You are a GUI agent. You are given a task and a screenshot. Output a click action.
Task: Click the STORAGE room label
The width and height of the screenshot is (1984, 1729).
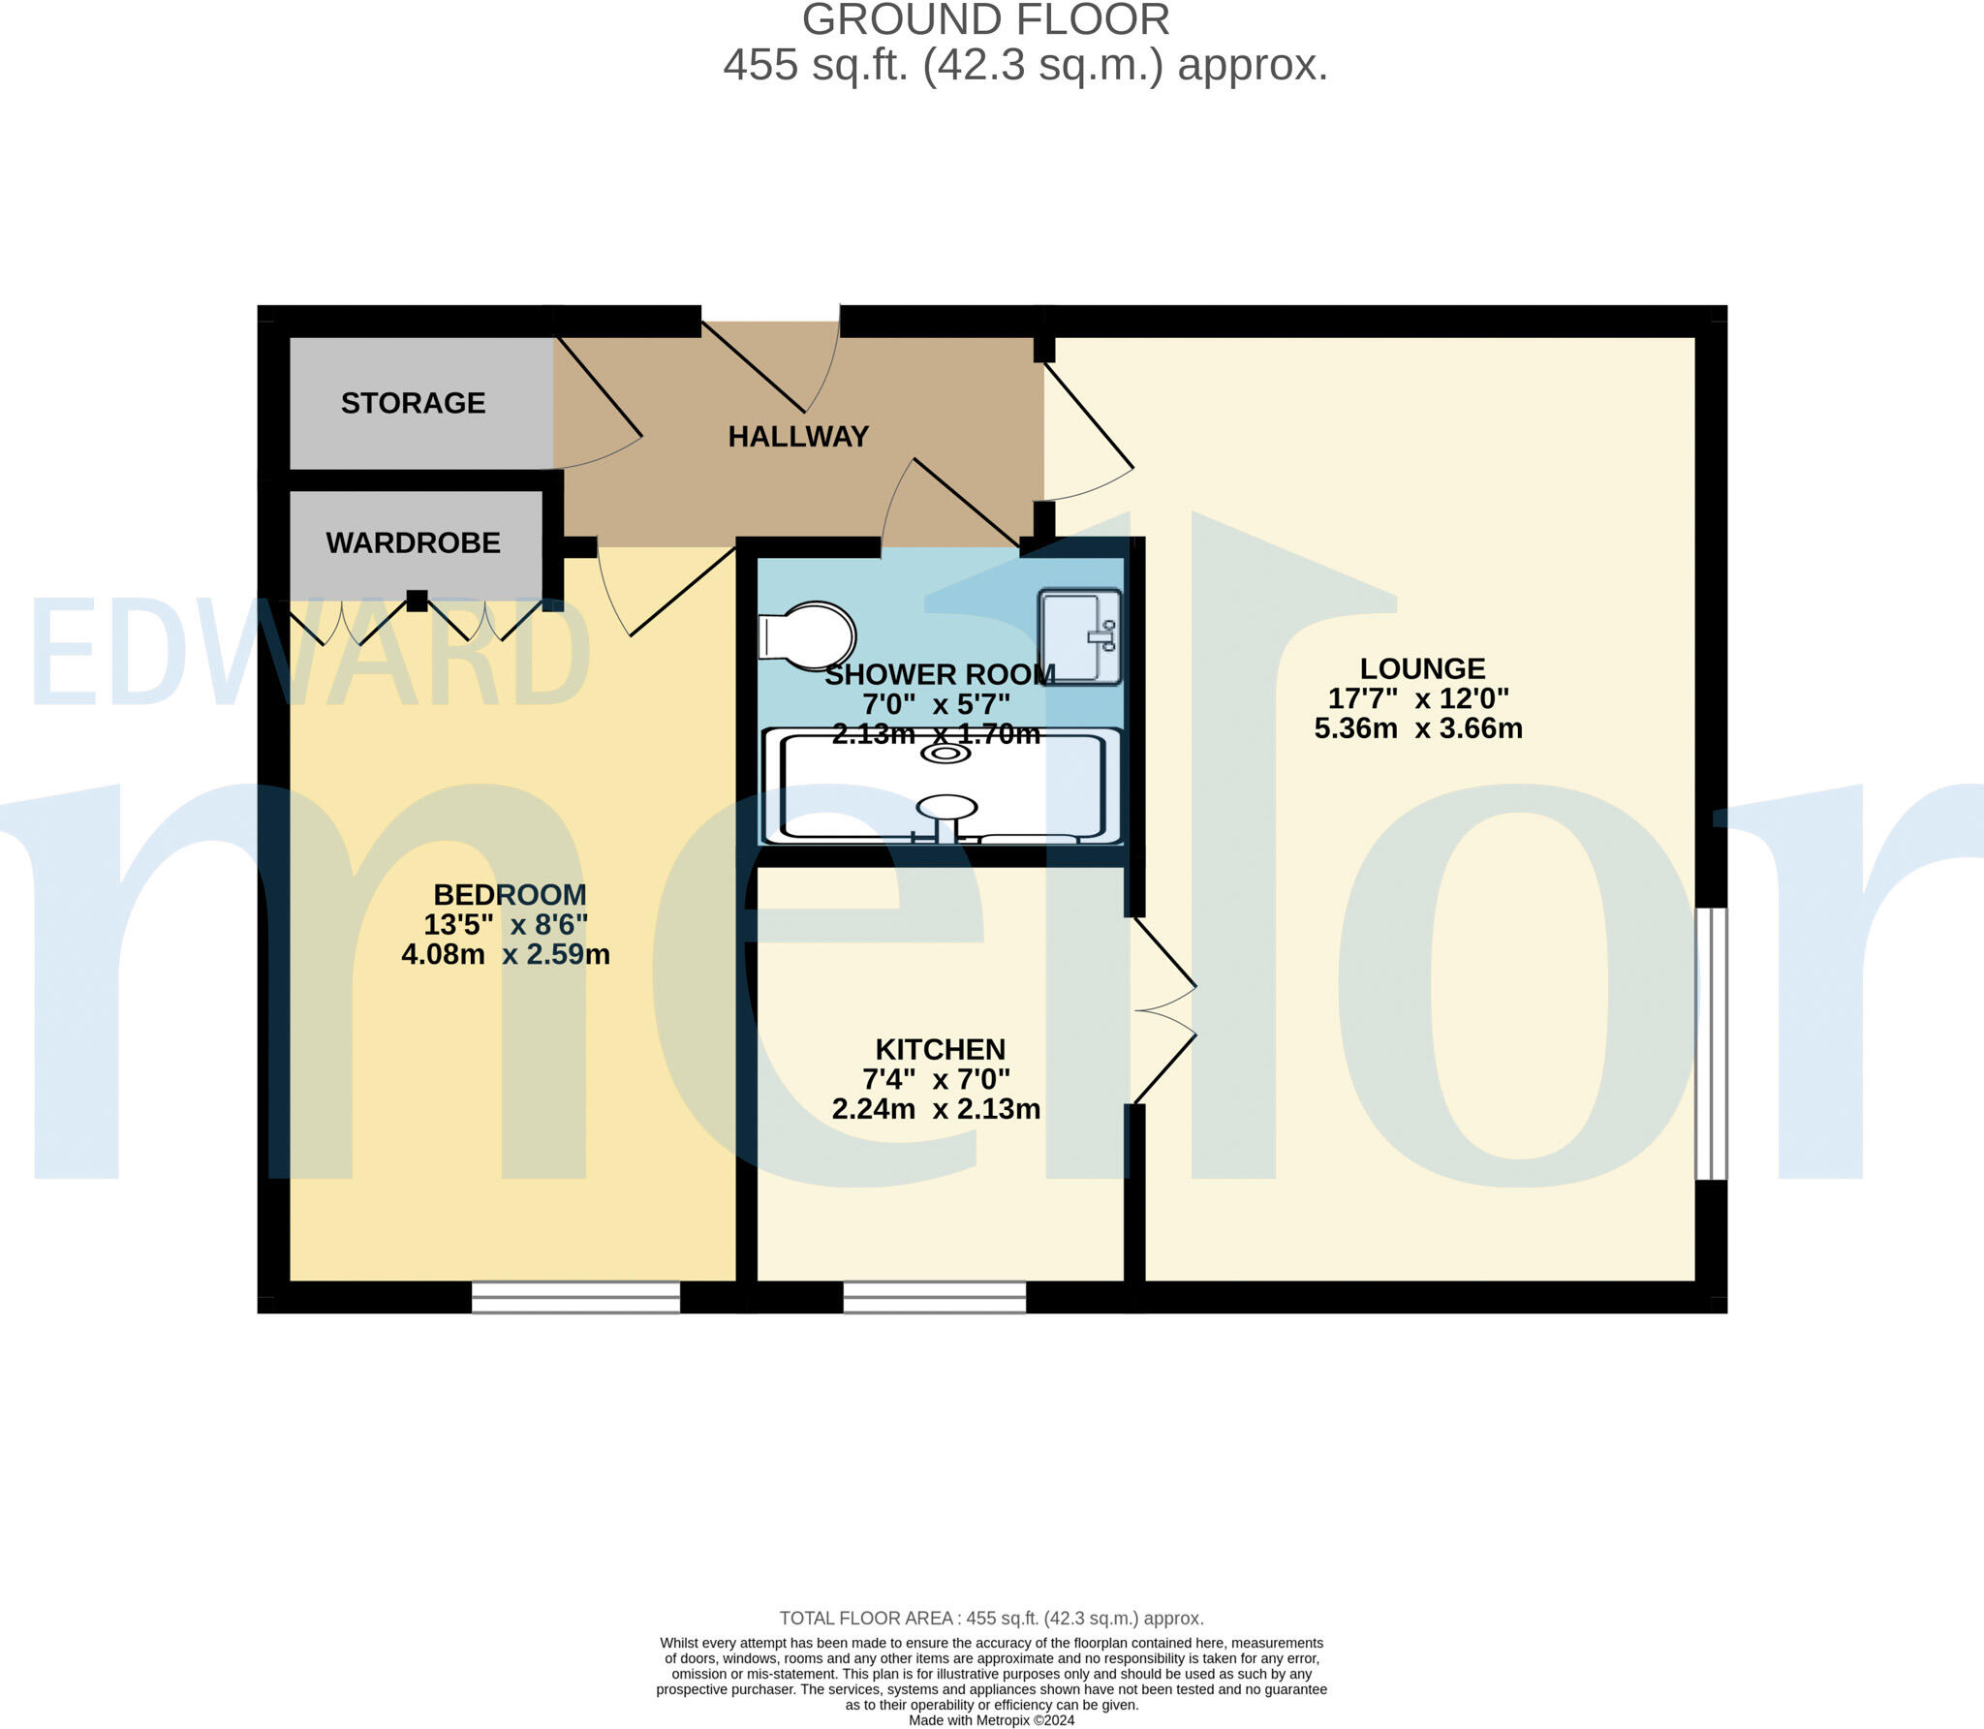click(413, 403)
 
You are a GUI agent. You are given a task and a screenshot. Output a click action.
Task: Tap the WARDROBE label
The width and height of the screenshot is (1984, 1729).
click(413, 542)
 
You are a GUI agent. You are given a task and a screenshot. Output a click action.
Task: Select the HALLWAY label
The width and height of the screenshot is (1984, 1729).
click(798, 437)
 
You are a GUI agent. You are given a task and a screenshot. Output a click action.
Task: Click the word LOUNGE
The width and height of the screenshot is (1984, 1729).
click(1422, 668)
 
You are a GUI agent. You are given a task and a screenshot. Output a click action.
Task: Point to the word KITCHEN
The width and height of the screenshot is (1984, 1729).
click(940, 1049)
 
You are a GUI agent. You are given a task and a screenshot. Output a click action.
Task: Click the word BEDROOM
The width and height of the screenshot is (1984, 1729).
click(510, 894)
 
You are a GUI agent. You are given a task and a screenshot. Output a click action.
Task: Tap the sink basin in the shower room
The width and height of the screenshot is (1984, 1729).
click(1079, 635)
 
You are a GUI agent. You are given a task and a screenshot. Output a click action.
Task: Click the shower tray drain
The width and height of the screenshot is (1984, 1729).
click(945, 753)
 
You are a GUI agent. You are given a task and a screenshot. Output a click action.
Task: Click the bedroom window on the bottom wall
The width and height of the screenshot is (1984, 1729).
click(575, 1296)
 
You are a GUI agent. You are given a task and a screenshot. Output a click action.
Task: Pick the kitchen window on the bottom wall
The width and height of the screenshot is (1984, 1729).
click(934, 1296)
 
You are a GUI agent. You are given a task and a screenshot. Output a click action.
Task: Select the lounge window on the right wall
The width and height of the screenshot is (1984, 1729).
click(1711, 1043)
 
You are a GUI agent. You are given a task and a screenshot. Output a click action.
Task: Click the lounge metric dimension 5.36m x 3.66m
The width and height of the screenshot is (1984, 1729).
click(1418, 728)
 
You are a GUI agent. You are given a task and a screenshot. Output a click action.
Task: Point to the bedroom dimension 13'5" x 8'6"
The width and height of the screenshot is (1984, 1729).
click(506, 924)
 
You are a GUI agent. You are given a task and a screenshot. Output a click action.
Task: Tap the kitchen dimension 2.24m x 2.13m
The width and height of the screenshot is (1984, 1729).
click(936, 1109)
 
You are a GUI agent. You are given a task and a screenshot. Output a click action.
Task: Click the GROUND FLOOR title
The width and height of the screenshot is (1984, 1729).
click(985, 20)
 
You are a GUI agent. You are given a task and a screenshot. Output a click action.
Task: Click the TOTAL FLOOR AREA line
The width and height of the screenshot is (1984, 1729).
click(991, 1618)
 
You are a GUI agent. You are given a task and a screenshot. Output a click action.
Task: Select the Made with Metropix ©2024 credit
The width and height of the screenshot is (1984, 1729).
click(991, 1720)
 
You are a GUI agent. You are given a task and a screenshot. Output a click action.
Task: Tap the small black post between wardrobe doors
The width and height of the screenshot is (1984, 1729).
click(417, 601)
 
